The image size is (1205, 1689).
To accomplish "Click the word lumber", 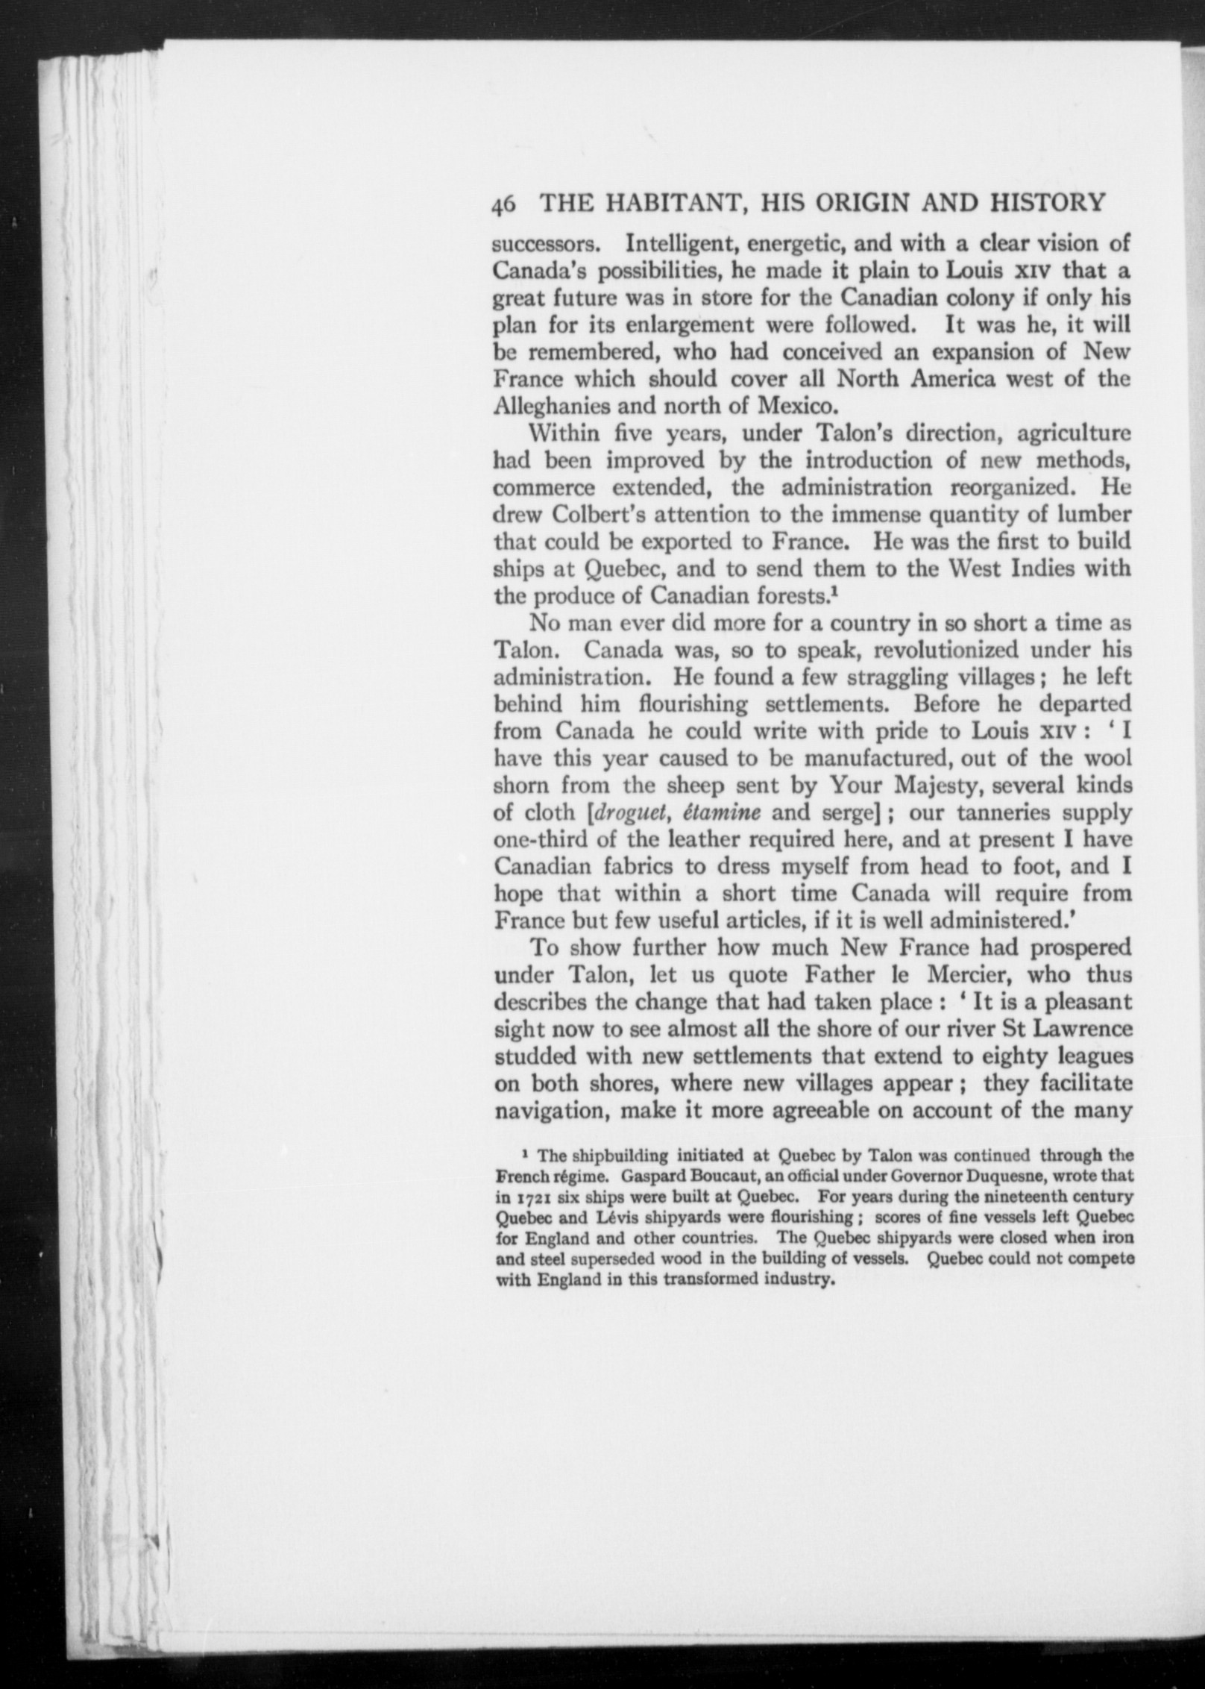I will point(1094,515).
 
